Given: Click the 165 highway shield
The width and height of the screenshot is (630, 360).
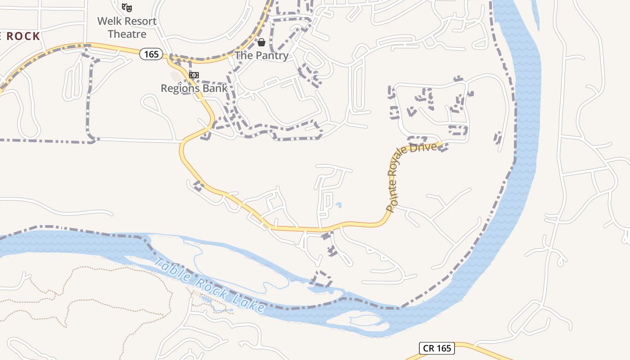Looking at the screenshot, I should (151, 54).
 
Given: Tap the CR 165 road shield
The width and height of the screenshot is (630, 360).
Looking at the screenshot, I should (437, 348).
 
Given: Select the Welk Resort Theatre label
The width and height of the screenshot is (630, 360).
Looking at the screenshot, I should (127, 27).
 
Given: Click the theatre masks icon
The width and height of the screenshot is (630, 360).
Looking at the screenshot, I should (127, 8).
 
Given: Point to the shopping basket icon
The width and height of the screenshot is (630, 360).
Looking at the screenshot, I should (261, 42).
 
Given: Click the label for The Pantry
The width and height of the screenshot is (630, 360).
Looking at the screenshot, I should (261, 55).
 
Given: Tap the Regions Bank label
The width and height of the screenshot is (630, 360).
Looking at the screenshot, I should (194, 88).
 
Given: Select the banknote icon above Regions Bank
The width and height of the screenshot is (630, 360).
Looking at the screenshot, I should (194, 75).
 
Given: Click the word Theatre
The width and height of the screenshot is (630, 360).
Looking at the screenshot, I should (127, 34).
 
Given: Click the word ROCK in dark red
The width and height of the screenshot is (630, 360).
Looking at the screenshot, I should (24, 36).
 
